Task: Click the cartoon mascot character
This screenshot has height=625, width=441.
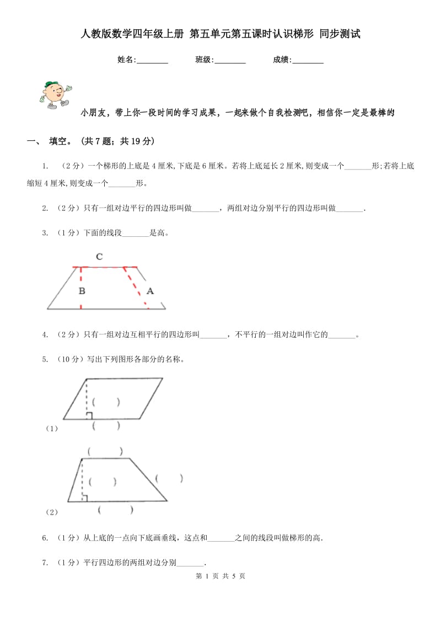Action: (55, 94)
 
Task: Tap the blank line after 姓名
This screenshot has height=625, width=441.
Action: (152, 61)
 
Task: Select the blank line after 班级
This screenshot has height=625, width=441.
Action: (230, 61)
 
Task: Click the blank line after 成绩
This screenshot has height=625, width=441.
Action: (308, 61)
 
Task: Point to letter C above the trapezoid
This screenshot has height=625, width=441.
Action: (99, 256)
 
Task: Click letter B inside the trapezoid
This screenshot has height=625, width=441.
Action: (82, 290)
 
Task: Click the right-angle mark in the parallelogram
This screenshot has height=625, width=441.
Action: (89, 416)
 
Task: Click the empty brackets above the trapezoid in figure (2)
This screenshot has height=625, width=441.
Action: (105, 452)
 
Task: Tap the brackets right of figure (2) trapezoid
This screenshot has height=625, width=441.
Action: (169, 478)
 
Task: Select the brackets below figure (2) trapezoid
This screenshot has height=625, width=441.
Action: (115, 510)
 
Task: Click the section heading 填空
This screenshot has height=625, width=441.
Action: (60, 141)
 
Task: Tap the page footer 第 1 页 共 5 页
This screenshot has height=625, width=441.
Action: (220, 576)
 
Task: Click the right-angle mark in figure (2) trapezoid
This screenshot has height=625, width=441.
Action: (84, 499)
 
